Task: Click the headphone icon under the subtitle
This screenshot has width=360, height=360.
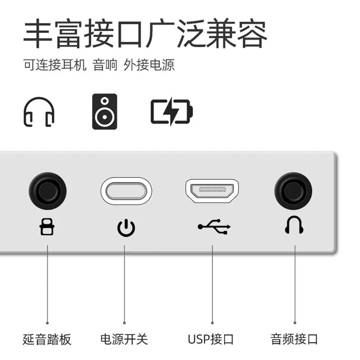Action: click(39, 111)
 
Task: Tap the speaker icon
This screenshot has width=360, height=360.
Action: click(104, 112)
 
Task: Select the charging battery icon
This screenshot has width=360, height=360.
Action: click(171, 111)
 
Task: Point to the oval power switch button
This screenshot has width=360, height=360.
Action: click(126, 191)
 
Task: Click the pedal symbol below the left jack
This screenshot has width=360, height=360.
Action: click(47, 228)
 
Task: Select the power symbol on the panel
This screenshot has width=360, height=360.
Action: click(126, 228)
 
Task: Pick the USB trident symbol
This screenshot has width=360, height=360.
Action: click(214, 227)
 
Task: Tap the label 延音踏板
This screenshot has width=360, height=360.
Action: click(47, 339)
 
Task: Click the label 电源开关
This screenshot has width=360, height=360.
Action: click(124, 339)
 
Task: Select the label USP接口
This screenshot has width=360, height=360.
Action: click(211, 339)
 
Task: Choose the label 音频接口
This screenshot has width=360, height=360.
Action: click(294, 339)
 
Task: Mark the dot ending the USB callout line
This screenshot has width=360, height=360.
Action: click(211, 322)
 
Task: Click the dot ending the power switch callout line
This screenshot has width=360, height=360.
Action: click(125, 322)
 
